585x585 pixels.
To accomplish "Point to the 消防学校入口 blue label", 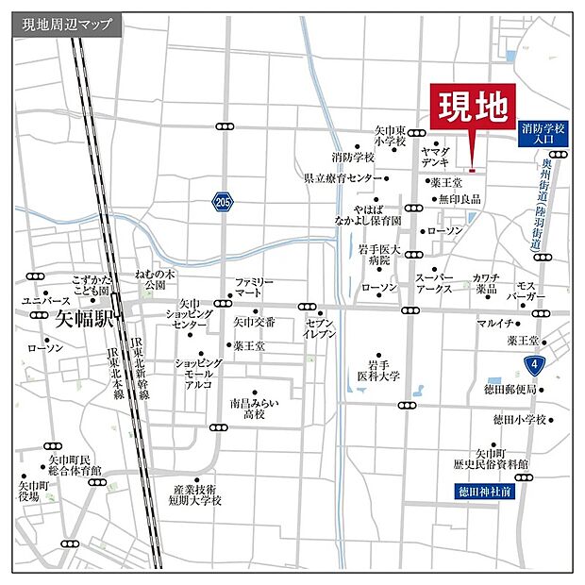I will pos(543,132).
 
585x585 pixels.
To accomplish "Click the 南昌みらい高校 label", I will pos(254,408).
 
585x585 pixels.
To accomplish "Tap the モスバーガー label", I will pos(526,291).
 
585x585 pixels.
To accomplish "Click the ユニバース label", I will pos(40,300).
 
